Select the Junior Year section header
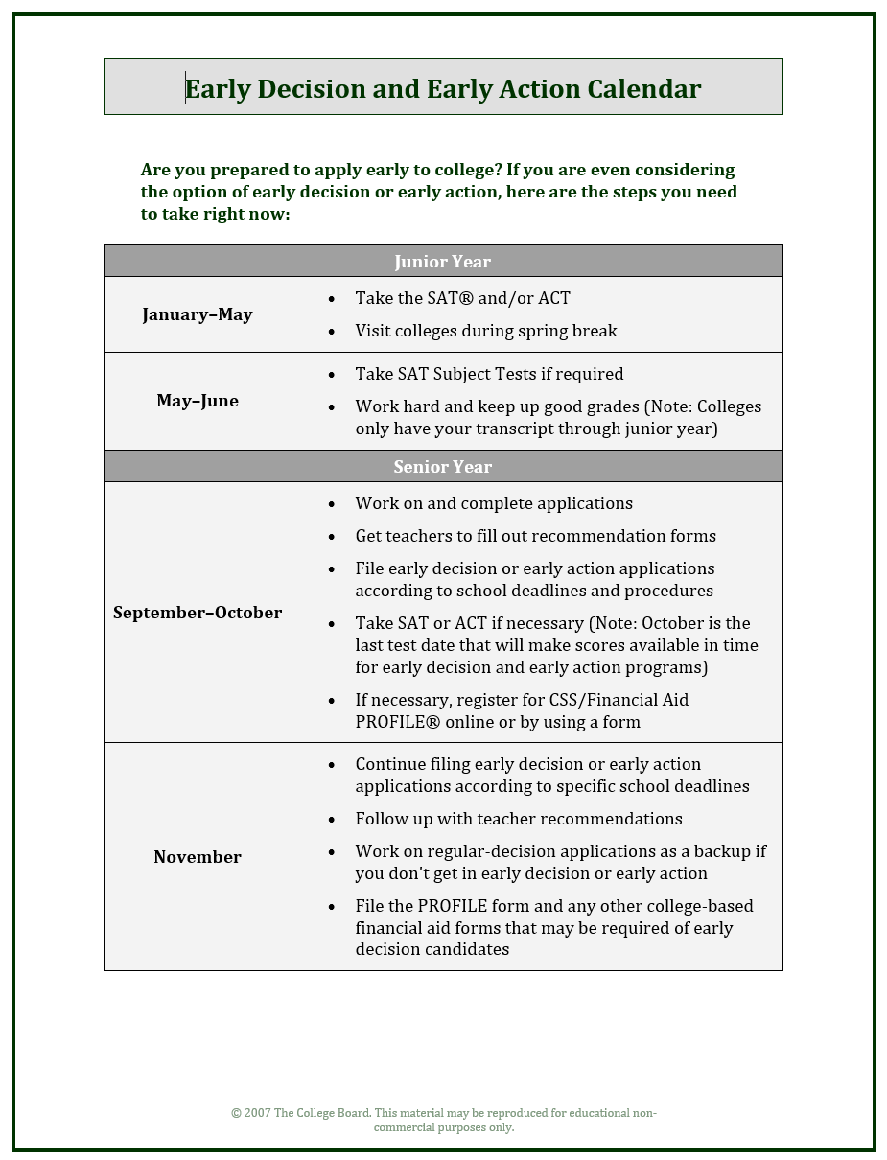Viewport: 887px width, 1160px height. point(442,262)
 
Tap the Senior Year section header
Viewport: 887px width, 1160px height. point(442,467)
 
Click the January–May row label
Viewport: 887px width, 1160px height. point(198,314)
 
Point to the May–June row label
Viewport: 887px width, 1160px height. point(198,401)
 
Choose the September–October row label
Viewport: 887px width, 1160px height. point(198,613)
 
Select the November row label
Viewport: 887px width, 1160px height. point(198,857)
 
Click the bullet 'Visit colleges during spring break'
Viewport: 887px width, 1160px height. point(486,331)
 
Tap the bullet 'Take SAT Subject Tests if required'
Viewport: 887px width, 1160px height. point(489,374)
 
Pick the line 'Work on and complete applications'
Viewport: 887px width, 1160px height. point(494,503)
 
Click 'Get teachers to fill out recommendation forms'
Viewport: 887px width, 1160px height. point(535,536)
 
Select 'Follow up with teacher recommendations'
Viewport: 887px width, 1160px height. point(519,819)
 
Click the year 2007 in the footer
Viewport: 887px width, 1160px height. point(257,1113)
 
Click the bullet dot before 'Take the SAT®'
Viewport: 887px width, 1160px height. point(332,299)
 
